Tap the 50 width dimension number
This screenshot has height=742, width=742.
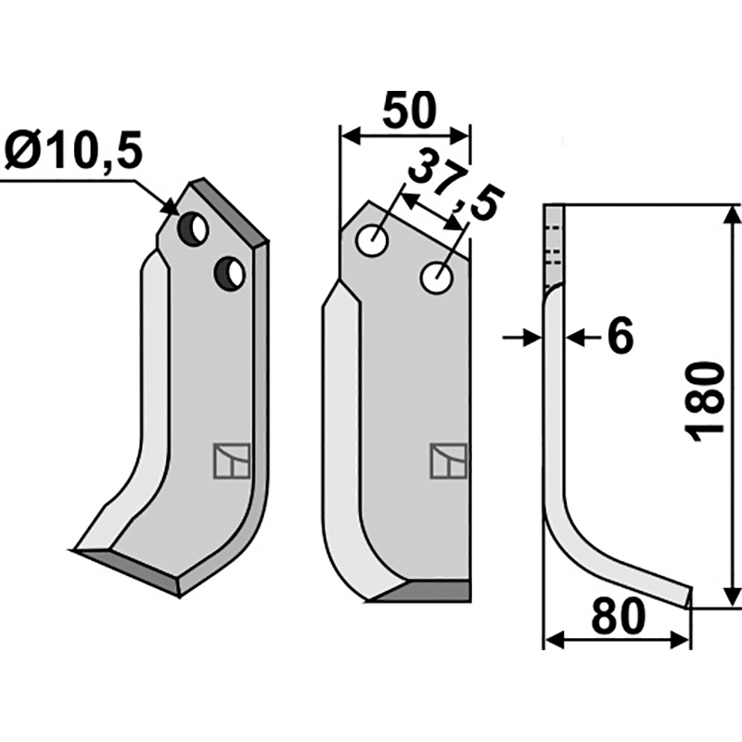tap(409, 110)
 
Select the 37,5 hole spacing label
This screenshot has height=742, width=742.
tap(454, 184)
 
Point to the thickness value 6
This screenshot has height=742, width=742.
tap(620, 337)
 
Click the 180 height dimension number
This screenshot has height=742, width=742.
tap(705, 403)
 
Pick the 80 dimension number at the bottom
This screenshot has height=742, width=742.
tap(618, 617)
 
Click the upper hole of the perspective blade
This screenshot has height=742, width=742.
tap(193, 229)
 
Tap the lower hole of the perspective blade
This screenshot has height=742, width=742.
tap(229, 274)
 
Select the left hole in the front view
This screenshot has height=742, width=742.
tap(373, 241)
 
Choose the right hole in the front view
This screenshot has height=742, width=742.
tap(437, 277)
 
